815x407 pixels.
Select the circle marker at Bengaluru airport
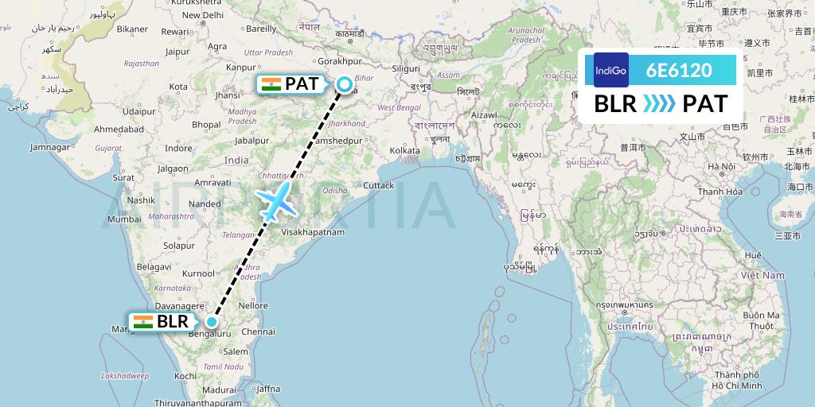pos(212,322)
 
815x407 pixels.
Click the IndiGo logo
pos(610,70)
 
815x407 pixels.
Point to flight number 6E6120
pos(679,70)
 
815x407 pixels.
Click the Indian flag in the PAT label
pos(271,83)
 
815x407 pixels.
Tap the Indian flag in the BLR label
pos(143,322)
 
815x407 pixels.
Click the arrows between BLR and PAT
pos(657,104)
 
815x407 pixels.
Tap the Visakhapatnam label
pos(312,232)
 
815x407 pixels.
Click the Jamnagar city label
pos(49,147)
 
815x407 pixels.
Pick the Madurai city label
pos(219,390)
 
